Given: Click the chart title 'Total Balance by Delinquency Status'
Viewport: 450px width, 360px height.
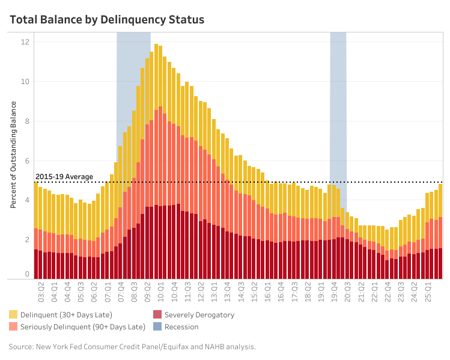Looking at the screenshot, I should pyautogui.click(x=107, y=20).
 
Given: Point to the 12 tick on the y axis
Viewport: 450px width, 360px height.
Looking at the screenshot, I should pyautogui.click(x=26, y=42).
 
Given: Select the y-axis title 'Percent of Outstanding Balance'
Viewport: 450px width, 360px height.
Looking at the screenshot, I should pyautogui.click(x=13, y=154).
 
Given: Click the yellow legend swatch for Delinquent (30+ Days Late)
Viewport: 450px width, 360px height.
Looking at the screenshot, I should pyautogui.click(x=13, y=314).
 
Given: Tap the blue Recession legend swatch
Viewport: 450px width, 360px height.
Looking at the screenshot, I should pyautogui.click(x=157, y=327).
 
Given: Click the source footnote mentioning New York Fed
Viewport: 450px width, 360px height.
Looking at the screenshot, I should pyautogui.click(x=132, y=346).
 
